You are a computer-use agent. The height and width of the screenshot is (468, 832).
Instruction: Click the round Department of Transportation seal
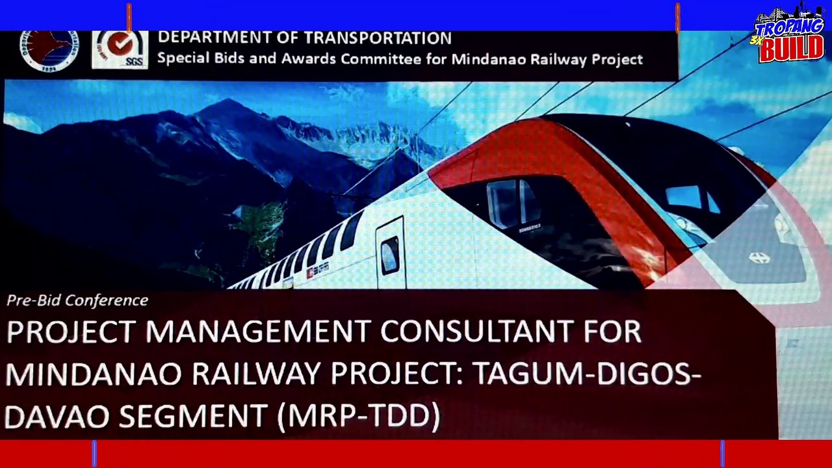click(x=49, y=49)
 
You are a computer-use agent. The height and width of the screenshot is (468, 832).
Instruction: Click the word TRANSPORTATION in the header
click(x=378, y=38)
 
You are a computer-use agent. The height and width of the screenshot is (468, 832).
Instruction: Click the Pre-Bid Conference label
click(x=77, y=300)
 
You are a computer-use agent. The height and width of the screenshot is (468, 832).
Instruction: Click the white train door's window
click(x=390, y=255)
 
